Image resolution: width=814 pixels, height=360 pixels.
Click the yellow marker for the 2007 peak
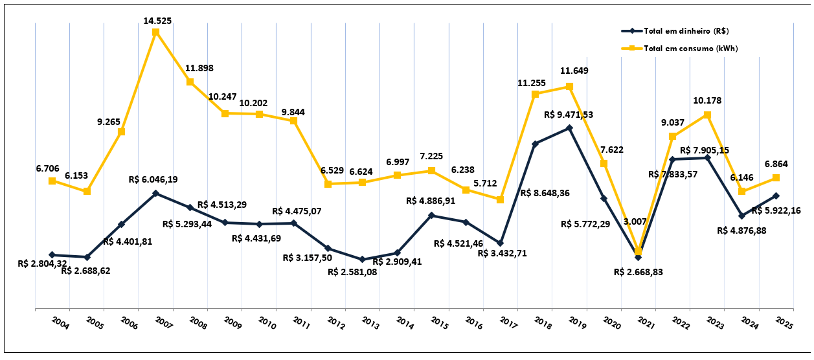click(x=156, y=32)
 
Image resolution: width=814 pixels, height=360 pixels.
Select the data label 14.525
click(x=157, y=21)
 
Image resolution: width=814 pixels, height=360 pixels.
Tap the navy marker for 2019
click(x=569, y=128)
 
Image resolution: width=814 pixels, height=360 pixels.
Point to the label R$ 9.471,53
click(x=569, y=115)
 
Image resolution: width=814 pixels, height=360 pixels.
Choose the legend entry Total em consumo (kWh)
click(x=691, y=48)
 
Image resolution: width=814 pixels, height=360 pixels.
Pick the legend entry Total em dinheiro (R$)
click(x=686, y=30)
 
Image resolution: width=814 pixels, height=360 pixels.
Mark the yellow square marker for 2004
click(x=52, y=181)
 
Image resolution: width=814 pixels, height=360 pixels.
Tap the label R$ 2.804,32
click(x=42, y=264)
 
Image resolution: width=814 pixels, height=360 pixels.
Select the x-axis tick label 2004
click(x=62, y=322)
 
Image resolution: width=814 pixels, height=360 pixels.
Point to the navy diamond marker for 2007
click(x=156, y=193)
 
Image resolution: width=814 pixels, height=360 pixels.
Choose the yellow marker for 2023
click(x=707, y=115)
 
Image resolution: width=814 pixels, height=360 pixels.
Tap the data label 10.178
click(x=707, y=100)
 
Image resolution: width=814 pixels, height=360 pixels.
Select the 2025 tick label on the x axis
click(x=786, y=322)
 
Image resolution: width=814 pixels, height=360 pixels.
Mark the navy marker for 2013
click(x=363, y=260)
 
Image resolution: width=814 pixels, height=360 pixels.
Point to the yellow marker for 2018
click(x=535, y=95)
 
